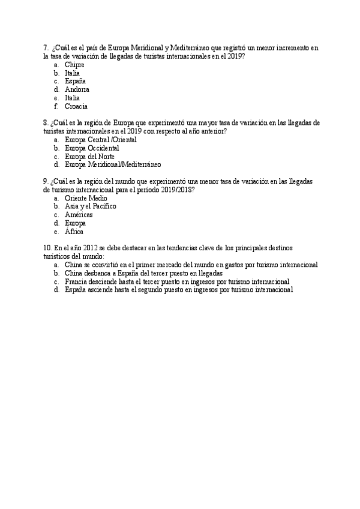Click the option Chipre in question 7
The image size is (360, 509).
pyautogui.click(x=74, y=64)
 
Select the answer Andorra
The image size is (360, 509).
pyautogui.click(x=77, y=89)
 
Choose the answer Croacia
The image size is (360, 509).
pyautogui.click(x=76, y=106)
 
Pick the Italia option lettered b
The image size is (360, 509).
pyautogui.click(x=72, y=73)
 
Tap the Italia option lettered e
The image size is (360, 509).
pyautogui.click(x=72, y=98)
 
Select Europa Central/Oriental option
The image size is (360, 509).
pyautogui.click(x=100, y=139)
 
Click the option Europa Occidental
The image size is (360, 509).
pyautogui.click(x=92, y=148)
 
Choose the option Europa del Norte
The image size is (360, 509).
pyautogui.click(x=89, y=156)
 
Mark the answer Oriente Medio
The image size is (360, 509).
pyautogui.click(x=86, y=197)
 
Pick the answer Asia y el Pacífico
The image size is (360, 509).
pyautogui.click(x=91, y=206)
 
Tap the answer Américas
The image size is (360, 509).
pyautogui.click(x=79, y=214)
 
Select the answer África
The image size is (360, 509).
pyautogui.click(x=74, y=231)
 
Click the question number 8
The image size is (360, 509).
pyautogui.click(x=46, y=122)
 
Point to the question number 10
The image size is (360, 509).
pyautogui.click(x=47, y=247)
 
